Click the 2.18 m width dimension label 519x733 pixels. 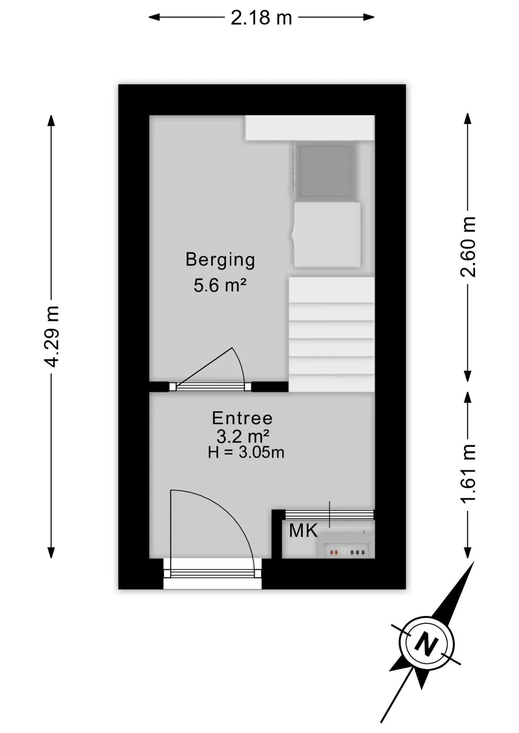coord(261,18)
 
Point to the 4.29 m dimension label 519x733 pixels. coord(51,336)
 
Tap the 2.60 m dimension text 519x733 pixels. coord(468,247)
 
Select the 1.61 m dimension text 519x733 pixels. coord(468,473)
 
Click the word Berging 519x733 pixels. coord(220,260)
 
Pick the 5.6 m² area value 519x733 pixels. coord(220,285)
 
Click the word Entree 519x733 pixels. coord(242,418)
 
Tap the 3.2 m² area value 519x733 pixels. coord(243,436)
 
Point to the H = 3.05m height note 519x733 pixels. coord(246,452)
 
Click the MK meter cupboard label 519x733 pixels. coord(303,531)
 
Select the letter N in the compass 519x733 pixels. coord(426,644)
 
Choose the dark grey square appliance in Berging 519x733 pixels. coord(325,171)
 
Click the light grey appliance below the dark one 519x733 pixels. coord(327,234)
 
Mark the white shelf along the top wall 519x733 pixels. coord(310,128)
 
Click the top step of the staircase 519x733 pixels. coord(331,290)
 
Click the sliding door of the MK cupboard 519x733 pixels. coord(329,514)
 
